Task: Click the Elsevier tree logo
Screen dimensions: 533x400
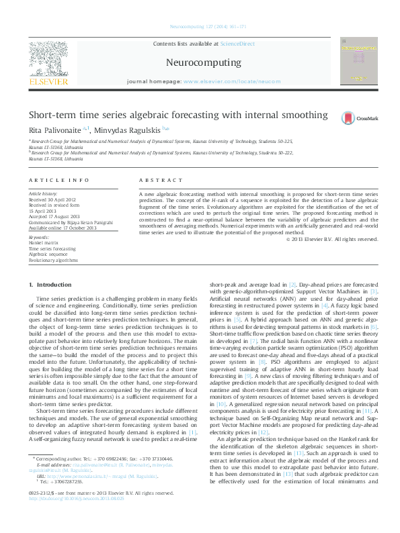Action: click(x=48, y=60)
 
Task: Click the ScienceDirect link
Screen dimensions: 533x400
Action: click(x=237, y=43)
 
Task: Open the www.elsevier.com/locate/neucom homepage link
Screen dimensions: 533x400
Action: click(x=231, y=81)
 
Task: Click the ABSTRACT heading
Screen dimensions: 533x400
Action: click(x=161, y=181)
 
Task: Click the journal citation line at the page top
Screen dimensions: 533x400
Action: click(x=200, y=27)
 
